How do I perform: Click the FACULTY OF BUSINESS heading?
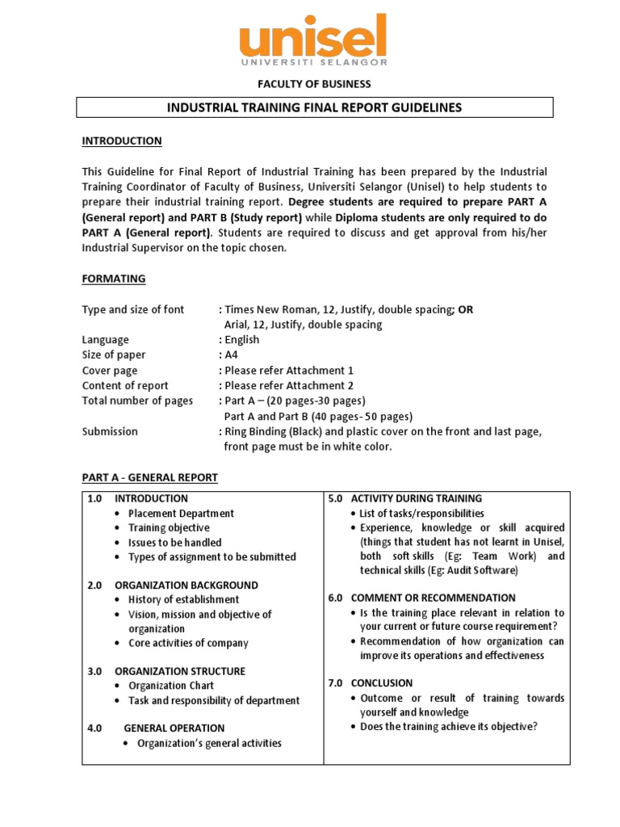314,84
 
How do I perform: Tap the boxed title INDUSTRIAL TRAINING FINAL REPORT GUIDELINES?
314,107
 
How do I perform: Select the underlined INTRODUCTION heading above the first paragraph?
122,141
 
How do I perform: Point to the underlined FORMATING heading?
114,279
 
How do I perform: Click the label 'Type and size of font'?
133,309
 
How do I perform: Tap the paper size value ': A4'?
228,355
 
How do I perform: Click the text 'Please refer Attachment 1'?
289,371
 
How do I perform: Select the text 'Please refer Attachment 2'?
289,386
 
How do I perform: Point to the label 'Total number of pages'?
137,401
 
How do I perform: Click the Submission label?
110,431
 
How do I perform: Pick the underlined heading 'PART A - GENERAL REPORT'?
149,478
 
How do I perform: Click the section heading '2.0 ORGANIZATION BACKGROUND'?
172,585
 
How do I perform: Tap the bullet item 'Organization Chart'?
170,686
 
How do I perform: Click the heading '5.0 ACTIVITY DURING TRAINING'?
405,498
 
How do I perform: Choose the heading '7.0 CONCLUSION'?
371,682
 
